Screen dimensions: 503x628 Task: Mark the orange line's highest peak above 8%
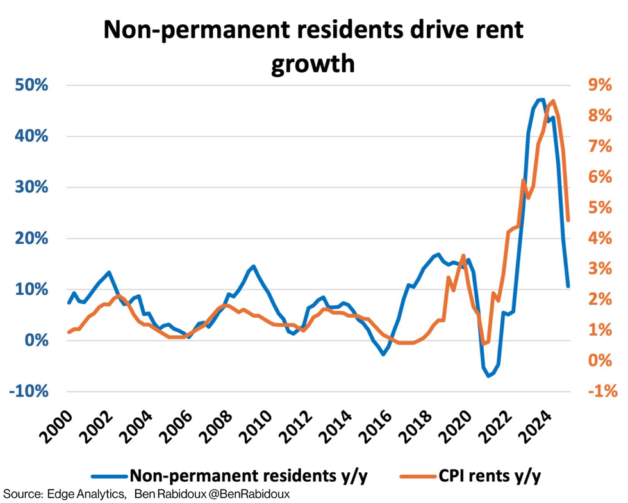pos(552,101)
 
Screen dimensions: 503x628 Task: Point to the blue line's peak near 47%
pos(542,99)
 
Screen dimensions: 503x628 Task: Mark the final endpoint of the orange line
pos(568,220)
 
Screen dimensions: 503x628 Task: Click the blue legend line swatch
pos(109,476)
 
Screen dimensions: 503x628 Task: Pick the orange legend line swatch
pos(418,476)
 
